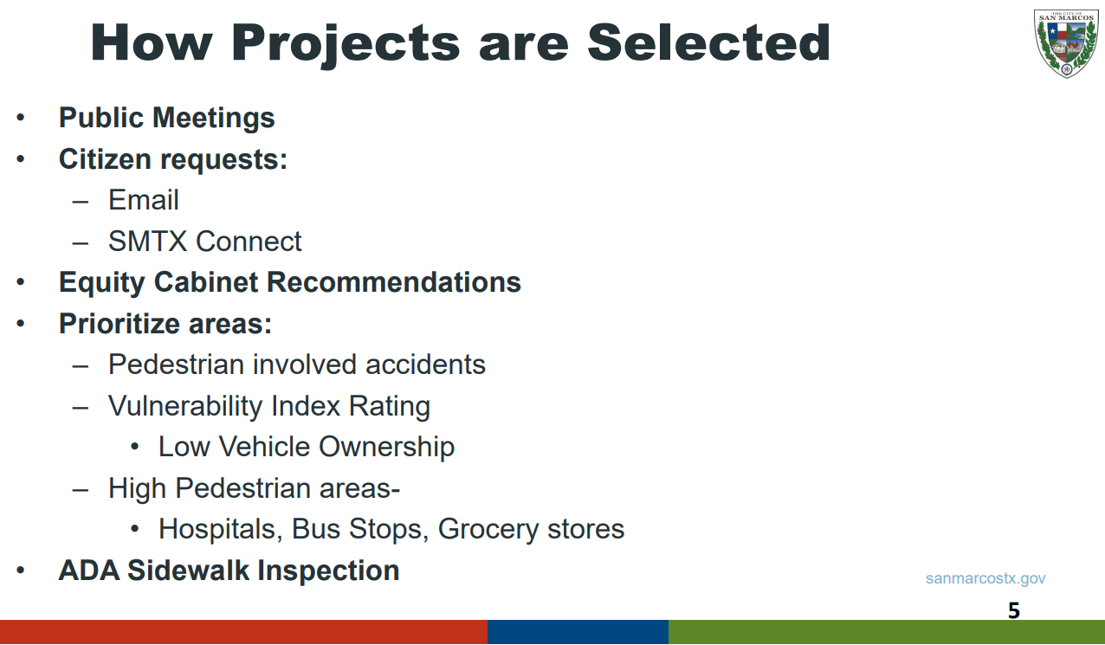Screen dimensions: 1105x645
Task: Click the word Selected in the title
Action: click(x=709, y=43)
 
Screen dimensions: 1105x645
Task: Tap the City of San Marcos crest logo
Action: click(x=1066, y=43)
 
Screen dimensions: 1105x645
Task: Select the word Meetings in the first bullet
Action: click(x=214, y=119)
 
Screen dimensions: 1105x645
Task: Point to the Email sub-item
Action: click(x=144, y=200)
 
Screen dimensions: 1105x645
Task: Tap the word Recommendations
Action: click(x=394, y=282)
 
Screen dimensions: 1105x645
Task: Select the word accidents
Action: click(x=425, y=364)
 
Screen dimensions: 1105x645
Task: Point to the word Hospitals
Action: click(x=221, y=530)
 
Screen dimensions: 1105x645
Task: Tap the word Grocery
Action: click(x=488, y=530)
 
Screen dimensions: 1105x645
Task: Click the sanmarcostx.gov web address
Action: click(x=985, y=578)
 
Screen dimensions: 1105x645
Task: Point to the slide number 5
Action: click(x=1014, y=610)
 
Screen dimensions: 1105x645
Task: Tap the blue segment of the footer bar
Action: click(x=578, y=632)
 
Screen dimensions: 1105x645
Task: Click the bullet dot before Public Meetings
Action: click(x=20, y=118)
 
